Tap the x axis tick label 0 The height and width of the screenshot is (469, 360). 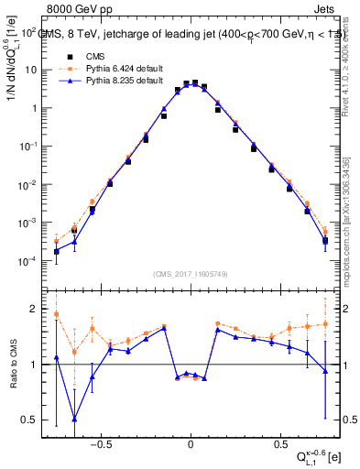(191, 441)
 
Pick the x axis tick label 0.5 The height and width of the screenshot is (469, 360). (278, 441)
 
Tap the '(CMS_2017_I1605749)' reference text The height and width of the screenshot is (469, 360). (191, 275)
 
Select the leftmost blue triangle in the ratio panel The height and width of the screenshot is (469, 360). (56, 357)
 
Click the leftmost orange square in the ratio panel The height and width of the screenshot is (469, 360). (56, 314)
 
